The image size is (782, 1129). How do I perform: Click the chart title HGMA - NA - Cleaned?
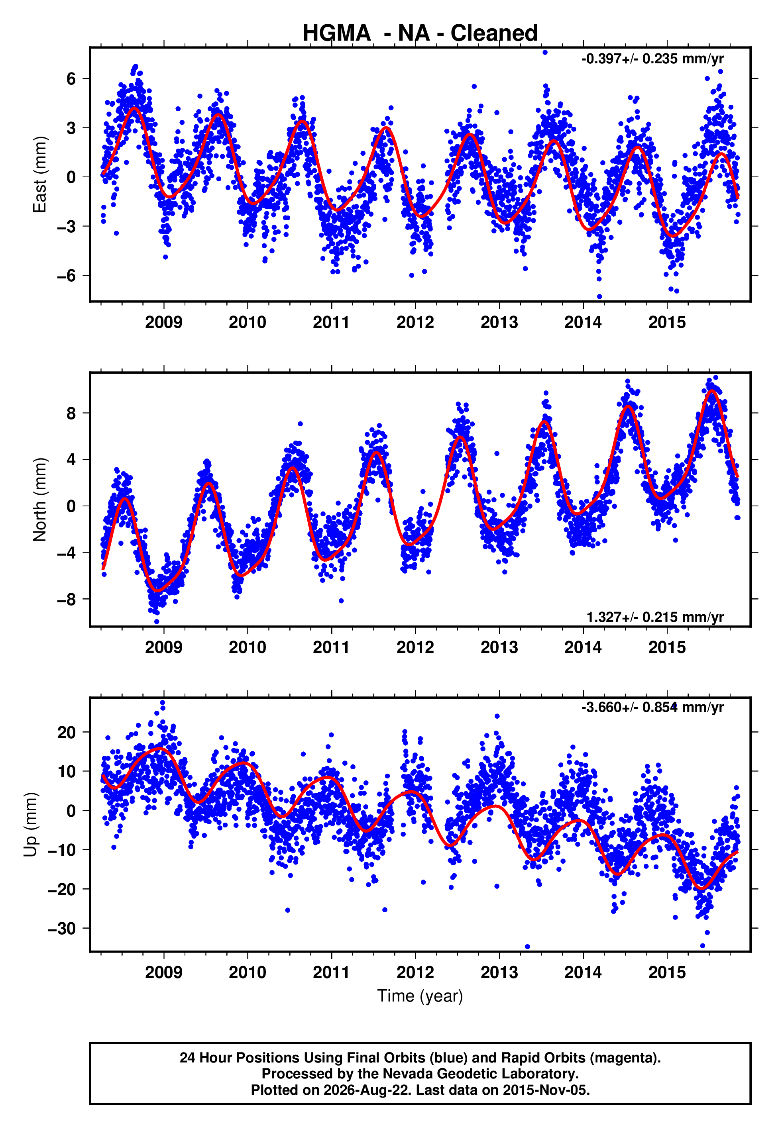click(420, 33)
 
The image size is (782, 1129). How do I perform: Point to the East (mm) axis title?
click(40, 174)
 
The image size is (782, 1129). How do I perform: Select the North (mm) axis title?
click(40, 500)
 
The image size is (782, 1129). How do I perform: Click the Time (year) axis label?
click(420, 996)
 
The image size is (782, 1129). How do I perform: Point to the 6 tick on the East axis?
click(71, 78)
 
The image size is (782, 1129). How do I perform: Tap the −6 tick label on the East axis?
click(67, 275)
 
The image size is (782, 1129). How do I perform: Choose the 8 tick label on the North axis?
click(71, 413)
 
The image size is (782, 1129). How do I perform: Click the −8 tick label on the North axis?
click(67, 599)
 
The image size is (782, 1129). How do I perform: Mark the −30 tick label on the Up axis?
click(62, 928)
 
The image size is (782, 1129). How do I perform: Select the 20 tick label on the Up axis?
click(67, 732)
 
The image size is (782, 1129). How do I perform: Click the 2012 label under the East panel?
click(415, 322)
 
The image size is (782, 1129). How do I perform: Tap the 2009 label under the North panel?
click(164, 647)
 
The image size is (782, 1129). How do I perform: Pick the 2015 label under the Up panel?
click(667, 972)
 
